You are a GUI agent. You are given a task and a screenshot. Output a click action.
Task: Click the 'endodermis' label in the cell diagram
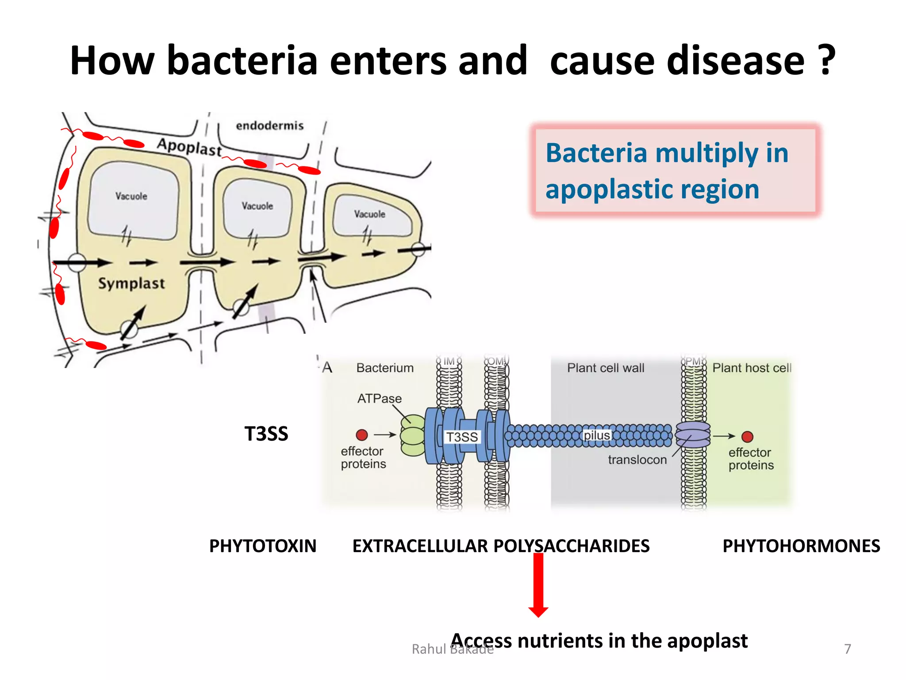269,126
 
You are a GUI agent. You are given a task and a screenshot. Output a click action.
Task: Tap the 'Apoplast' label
189,147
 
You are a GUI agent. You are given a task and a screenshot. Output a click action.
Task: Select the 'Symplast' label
131,283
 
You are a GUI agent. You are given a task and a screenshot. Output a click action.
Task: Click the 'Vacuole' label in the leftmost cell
131,196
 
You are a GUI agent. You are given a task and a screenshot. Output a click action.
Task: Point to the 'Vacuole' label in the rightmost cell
369,214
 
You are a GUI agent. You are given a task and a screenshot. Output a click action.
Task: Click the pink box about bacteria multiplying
675,170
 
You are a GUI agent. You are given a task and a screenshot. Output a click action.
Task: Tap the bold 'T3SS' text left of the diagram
266,434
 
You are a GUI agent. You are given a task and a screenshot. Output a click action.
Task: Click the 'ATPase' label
379,398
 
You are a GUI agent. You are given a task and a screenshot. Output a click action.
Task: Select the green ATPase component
413,435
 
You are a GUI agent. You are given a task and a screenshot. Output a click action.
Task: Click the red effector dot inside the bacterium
362,435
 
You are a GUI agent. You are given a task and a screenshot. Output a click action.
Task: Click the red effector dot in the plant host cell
747,437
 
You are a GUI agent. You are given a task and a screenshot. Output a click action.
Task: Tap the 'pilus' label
596,435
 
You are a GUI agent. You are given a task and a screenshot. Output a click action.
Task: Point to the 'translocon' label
637,460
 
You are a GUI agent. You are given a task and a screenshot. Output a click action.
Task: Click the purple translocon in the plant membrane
693,434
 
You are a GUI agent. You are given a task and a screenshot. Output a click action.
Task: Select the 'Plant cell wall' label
605,368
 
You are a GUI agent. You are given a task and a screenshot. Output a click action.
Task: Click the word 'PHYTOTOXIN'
263,546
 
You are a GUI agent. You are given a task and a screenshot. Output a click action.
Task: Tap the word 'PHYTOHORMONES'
801,546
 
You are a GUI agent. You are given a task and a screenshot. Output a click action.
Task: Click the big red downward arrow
538,584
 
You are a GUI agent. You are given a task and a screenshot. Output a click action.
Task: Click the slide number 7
847,649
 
